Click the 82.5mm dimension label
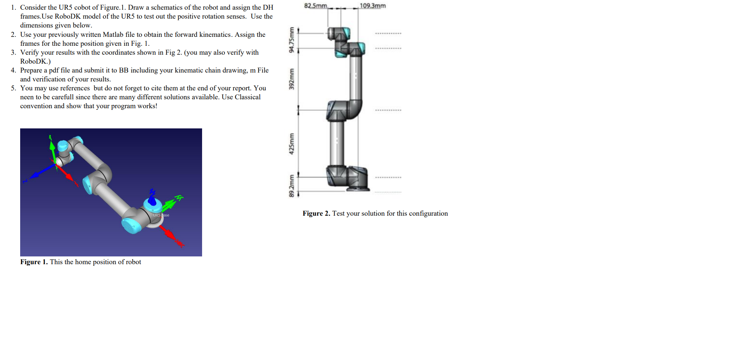(315, 6)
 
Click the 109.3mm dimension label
(373, 6)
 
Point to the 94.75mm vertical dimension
(291, 40)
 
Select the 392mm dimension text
(291, 79)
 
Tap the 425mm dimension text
(291, 144)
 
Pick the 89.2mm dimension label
(291, 185)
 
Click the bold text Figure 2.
(316, 214)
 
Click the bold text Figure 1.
(34, 262)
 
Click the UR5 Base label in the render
(161, 215)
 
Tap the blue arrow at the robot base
(152, 198)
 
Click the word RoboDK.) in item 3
(35, 61)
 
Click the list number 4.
(13, 70)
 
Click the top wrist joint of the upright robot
(339, 34)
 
